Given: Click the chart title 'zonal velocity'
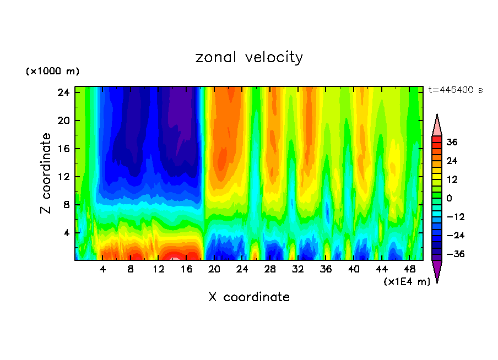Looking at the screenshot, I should click(x=249, y=57).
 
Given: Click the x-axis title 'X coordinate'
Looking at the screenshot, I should click(x=249, y=297).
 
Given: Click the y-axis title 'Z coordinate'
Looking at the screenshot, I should click(x=46, y=173).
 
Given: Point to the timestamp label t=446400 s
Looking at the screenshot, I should click(x=455, y=90).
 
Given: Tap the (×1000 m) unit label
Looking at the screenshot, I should click(x=52, y=72).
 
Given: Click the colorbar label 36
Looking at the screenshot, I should click(x=452, y=142).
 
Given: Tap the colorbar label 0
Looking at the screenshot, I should click(x=449, y=198).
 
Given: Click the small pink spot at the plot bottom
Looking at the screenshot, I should click(x=174, y=258).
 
